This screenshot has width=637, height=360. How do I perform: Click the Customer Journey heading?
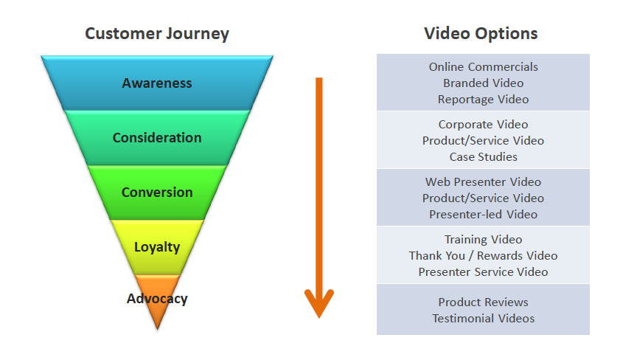point(157,34)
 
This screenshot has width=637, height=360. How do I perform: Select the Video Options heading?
point(481,34)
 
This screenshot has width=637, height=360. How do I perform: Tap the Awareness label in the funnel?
point(157,83)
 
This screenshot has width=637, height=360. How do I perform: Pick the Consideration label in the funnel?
point(157,138)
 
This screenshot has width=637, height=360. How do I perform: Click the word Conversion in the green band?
point(157,193)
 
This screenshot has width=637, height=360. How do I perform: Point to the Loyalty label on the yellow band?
point(157,247)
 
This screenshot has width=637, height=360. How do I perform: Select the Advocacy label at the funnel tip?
point(157,299)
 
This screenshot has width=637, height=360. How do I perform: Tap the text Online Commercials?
point(483,67)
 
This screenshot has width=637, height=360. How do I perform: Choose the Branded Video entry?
point(483,83)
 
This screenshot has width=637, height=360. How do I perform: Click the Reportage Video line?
point(483,100)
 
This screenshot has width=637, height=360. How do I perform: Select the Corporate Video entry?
point(483,125)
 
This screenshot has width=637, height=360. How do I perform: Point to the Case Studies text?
point(483,157)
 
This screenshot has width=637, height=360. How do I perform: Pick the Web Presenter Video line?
point(483,182)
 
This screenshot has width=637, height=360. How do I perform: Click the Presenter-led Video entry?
point(483,215)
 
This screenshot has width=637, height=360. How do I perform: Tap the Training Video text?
point(483,240)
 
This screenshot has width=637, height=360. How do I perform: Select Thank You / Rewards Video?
point(483,256)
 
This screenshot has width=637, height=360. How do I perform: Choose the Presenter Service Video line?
point(483,272)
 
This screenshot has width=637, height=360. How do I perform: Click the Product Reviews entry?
point(483,302)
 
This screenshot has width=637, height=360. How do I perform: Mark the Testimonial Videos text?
point(483,319)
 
